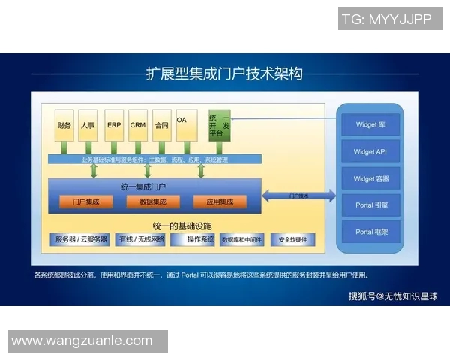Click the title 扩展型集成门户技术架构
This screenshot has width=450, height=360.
(224, 73)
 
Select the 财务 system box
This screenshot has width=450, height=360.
(64, 125)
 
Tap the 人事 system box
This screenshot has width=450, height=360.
(88, 125)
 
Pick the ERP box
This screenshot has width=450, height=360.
(113, 125)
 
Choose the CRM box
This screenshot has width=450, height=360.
(138, 125)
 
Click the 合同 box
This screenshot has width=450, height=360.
(161, 125)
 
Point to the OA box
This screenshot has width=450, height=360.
(184, 125)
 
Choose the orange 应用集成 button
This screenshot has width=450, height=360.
(220, 202)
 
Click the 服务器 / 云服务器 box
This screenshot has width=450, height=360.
(81, 239)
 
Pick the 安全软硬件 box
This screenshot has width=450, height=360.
(292, 240)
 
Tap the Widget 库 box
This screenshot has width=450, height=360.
(370, 125)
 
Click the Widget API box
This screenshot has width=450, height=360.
(370, 152)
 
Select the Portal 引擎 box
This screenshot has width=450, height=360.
(370, 205)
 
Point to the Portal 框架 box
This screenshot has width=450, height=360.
(370, 232)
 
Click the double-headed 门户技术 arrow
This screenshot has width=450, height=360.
(298, 195)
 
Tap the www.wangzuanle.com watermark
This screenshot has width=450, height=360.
(82, 340)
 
